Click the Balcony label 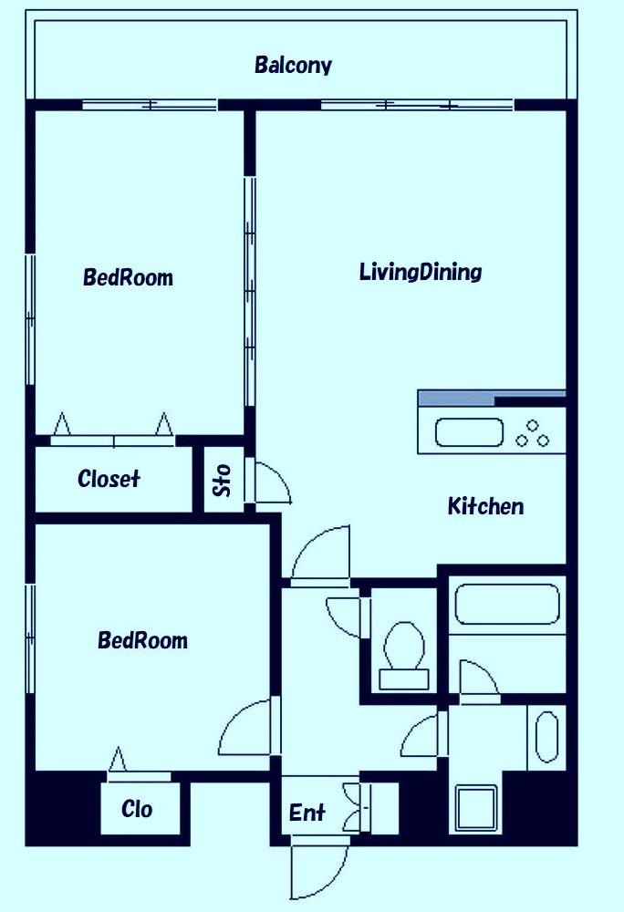pyautogui.click(x=293, y=65)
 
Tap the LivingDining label pyautogui.click(x=421, y=272)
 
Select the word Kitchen pyautogui.click(x=485, y=506)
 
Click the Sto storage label pyautogui.click(x=224, y=481)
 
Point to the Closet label pyautogui.click(x=109, y=479)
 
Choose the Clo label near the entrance pyautogui.click(x=137, y=808)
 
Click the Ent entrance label pyautogui.click(x=307, y=812)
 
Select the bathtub pyautogui.click(x=507, y=605)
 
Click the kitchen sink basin pyautogui.click(x=469, y=432)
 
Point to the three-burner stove pyautogui.click(x=533, y=433)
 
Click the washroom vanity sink pyautogui.click(x=546, y=737)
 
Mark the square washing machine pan pyautogui.click(x=476, y=807)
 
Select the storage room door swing pyautogui.click(x=273, y=482)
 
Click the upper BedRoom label pyautogui.click(x=128, y=277)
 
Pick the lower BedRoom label pyautogui.click(x=142, y=640)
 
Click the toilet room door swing pyautogui.click(x=346, y=617)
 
